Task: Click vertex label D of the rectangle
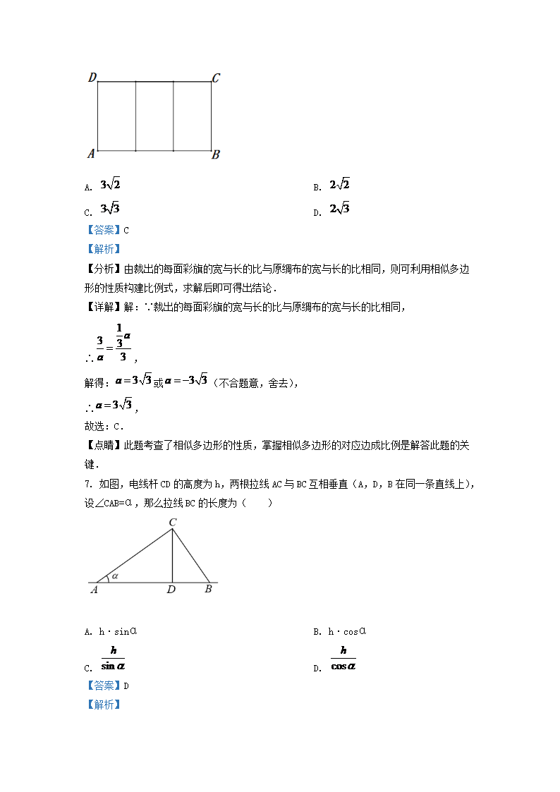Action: [92, 78]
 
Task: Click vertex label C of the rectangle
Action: [216, 78]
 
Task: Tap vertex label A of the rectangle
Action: [90, 153]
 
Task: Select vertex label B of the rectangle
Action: [216, 154]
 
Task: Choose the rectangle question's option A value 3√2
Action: [111, 185]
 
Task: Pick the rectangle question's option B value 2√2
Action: [339, 185]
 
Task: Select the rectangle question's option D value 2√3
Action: [339, 209]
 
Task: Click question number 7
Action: [87, 484]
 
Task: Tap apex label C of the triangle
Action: [172, 523]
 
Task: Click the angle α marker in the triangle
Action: [114, 575]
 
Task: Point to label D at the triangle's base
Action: [171, 590]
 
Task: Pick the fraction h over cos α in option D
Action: [343, 658]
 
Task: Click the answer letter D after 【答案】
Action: [126, 686]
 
